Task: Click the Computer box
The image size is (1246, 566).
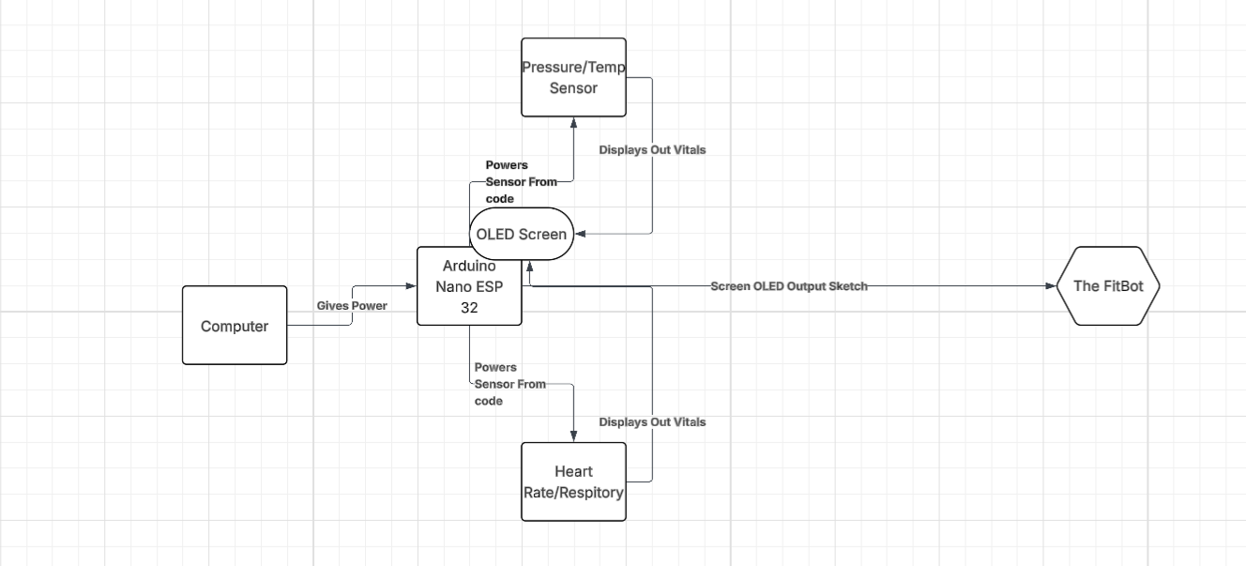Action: point(235,326)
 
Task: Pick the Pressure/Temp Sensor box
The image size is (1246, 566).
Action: point(573,77)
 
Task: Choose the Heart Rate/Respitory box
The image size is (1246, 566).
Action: point(573,482)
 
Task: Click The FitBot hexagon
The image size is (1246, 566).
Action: point(1108,286)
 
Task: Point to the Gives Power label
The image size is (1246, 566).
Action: point(352,306)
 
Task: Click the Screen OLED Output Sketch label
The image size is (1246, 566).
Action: point(788,286)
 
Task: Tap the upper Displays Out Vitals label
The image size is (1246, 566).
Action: point(652,149)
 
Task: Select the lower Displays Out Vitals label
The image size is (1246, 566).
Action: point(652,422)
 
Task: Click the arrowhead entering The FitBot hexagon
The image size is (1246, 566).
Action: point(1051,286)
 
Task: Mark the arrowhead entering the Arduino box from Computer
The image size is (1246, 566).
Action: point(412,286)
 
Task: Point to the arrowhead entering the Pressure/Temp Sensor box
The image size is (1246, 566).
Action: point(573,122)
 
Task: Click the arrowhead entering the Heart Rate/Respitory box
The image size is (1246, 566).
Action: point(573,437)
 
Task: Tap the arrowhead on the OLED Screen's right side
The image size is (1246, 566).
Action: point(579,234)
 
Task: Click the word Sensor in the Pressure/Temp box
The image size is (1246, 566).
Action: point(573,88)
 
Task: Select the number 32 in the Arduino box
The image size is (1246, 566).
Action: point(469,307)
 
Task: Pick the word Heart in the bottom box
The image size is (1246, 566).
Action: point(573,471)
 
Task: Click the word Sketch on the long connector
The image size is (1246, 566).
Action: point(847,286)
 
